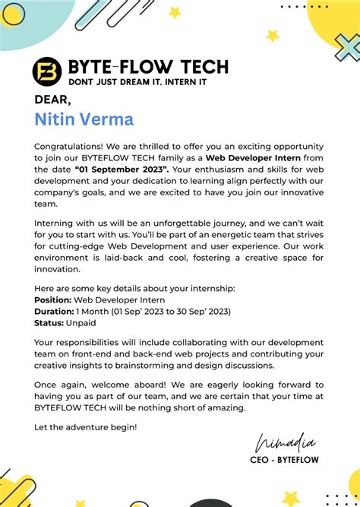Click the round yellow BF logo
coord(47,71)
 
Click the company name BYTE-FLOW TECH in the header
coord(148,66)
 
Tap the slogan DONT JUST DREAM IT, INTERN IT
coord(137,81)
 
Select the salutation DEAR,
coord(52,99)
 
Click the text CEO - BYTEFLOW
coord(284,461)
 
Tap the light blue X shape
coord(346,48)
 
